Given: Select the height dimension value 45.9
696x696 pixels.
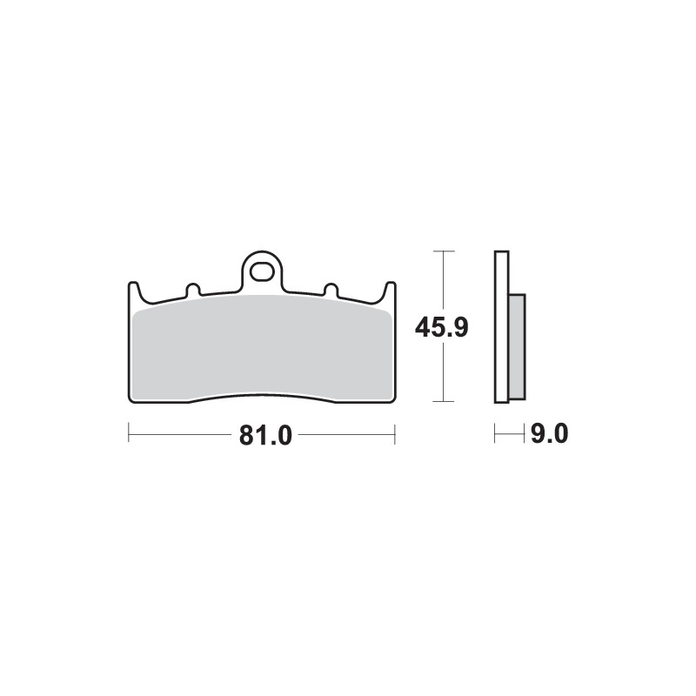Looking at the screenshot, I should [x=442, y=328].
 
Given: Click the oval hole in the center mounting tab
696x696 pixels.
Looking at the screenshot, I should [x=261, y=273].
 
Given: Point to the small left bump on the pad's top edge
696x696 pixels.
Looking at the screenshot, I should [x=193, y=289].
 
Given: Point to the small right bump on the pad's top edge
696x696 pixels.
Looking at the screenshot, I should [x=330, y=289].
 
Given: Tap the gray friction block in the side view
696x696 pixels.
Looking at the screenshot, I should [x=517, y=346].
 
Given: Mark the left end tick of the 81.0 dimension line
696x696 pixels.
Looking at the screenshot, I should [x=129, y=433].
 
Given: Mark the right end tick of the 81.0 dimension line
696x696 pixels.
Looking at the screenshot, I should [x=395, y=433].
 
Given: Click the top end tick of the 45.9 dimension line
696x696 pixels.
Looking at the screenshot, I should [x=444, y=251].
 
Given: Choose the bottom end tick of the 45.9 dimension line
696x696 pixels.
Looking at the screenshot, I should [x=444, y=402].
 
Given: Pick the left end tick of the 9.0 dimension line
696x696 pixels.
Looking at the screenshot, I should [x=495, y=433].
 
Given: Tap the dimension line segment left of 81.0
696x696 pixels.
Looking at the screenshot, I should [x=183, y=433].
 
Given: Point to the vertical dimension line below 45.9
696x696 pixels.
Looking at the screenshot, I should [x=444, y=374].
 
